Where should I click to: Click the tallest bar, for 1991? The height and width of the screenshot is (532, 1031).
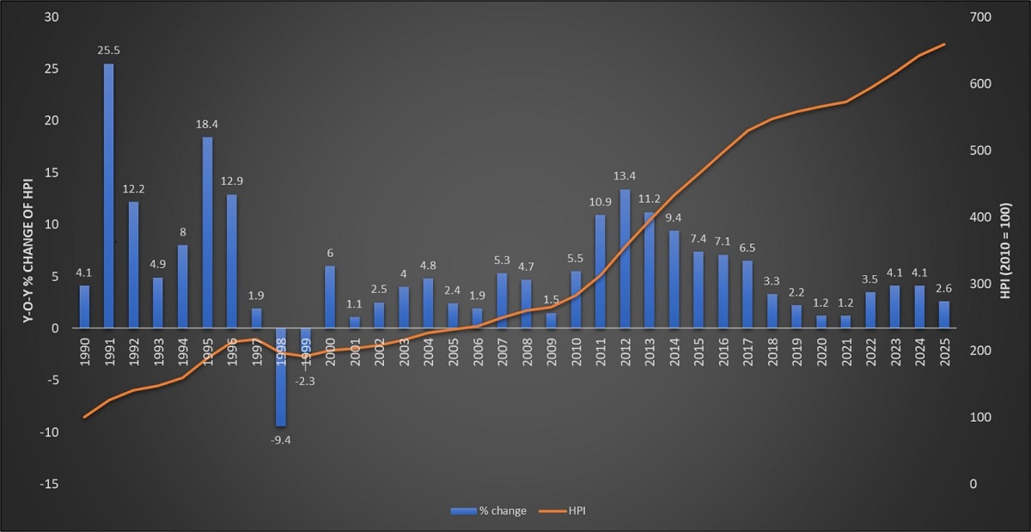pyautogui.click(x=109, y=196)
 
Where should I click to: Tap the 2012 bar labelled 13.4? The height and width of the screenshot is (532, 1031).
pyautogui.click(x=625, y=258)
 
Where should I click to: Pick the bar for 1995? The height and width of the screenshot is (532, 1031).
pyautogui.click(x=207, y=232)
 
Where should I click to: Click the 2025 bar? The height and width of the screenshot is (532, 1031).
pyautogui.click(x=944, y=315)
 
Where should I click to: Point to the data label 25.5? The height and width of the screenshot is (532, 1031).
pyautogui.click(x=108, y=51)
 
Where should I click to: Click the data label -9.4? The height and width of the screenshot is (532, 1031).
pyautogui.click(x=281, y=439)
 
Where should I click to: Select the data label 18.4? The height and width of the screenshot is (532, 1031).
pyautogui.click(x=207, y=124)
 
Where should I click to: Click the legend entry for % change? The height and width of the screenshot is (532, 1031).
pyautogui.click(x=489, y=511)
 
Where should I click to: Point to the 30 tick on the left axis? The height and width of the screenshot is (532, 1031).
pyautogui.click(x=52, y=17)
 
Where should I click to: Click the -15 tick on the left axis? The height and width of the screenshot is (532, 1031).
pyautogui.click(x=49, y=484)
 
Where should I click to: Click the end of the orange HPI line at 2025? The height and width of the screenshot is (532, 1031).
pyautogui.click(x=944, y=44)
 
